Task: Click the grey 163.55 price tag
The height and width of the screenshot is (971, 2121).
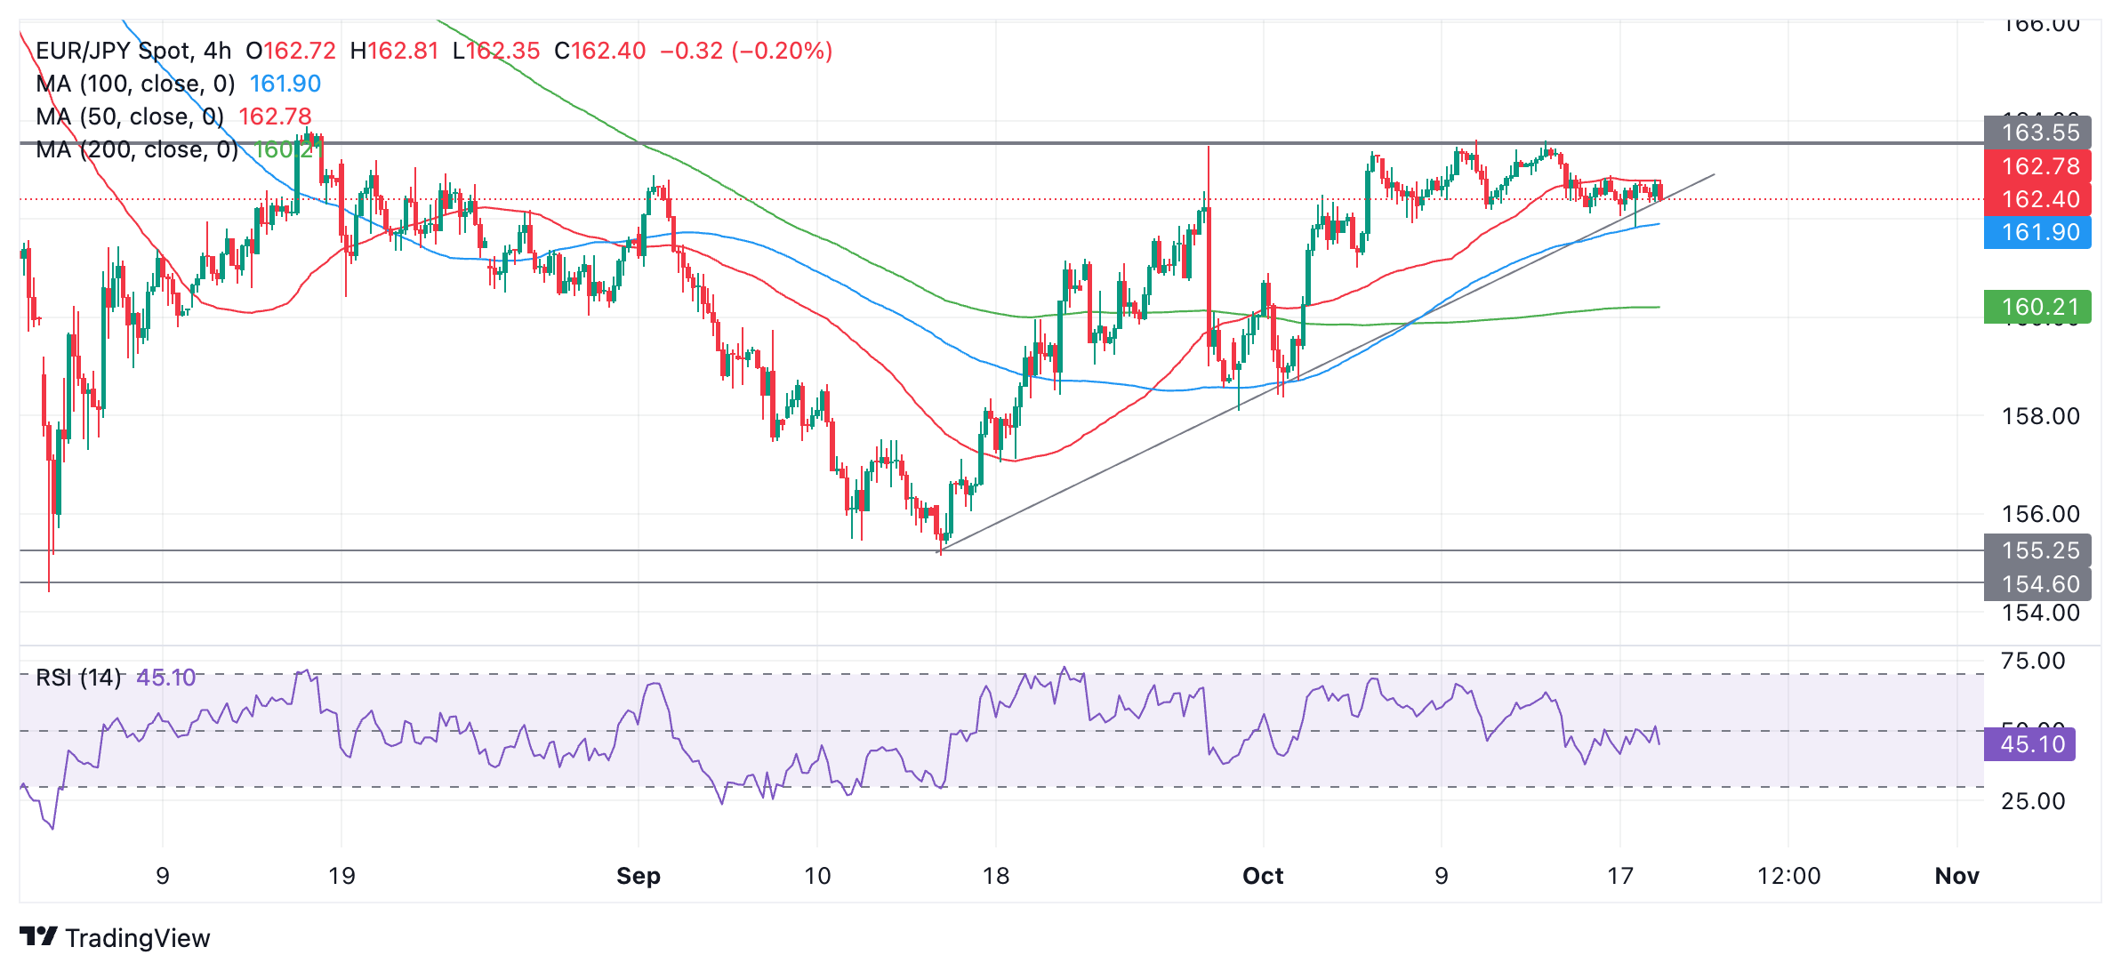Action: click(x=2038, y=132)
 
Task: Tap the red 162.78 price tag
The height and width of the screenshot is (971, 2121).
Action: click(x=2038, y=166)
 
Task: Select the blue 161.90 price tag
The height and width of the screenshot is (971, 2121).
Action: click(x=2038, y=232)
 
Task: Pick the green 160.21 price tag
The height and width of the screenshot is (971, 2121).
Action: click(x=2038, y=307)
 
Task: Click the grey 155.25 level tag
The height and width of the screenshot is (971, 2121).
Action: click(x=2038, y=550)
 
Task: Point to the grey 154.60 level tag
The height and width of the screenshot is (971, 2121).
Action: click(x=2038, y=584)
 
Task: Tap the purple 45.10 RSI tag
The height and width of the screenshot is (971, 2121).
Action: click(x=2031, y=744)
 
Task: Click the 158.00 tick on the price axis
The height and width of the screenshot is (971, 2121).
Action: click(x=2040, y=416)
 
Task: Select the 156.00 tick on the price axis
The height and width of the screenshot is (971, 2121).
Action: click(x=2040, y=514)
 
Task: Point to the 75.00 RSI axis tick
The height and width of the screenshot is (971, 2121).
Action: click(x=2033, y=661)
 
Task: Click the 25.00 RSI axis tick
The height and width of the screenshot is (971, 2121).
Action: click(x=2033, y=801)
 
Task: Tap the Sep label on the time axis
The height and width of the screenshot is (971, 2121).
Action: click(x=639, y=876)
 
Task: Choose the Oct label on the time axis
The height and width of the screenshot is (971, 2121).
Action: click(x=1263, y=876)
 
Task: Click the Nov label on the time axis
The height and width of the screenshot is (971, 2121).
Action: click(x=1956, y=876)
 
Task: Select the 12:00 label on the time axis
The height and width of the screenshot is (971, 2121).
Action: click(x=1788, y=876)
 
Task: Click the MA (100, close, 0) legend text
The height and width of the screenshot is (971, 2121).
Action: click(x=135, y=84)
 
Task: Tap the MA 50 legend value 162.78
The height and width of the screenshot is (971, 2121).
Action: click(x=275, y=116)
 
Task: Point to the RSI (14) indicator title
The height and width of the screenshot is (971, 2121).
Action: click(x=78, y=678)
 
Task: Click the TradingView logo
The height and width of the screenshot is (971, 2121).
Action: click(x=115, y=937)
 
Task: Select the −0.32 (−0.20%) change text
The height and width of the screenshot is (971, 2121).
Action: click(x=745, y=51)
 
